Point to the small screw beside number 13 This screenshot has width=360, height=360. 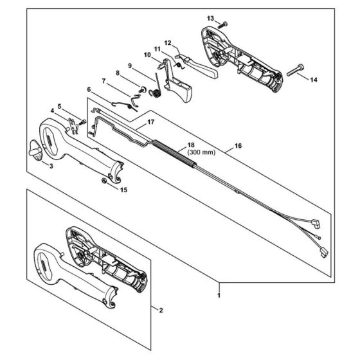pos(223,23)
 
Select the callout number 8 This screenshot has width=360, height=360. pos(117,73)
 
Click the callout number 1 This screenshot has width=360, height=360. pos(220,295)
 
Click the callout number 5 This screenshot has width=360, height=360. pos(59,106)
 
